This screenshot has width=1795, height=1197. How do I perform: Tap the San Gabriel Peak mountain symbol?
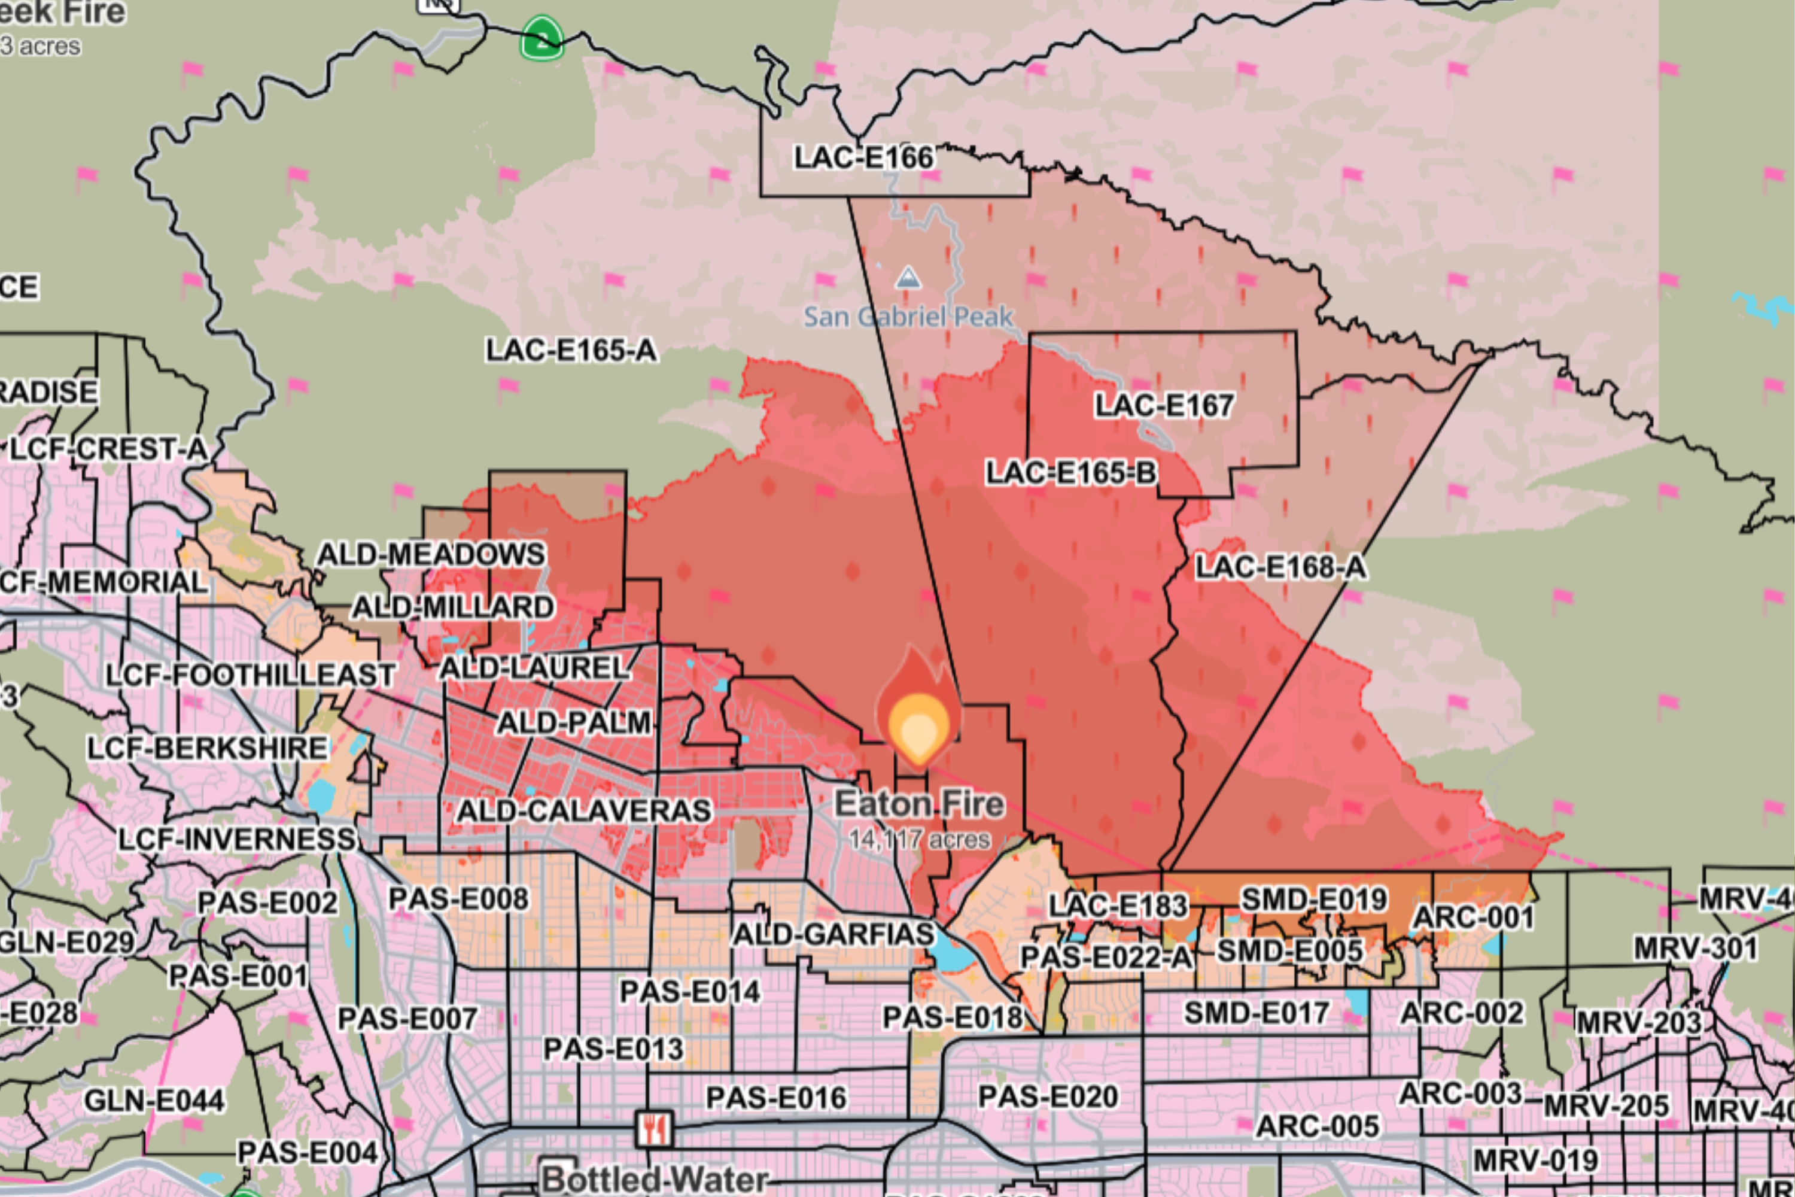pyautogui.click(x=908, y=277)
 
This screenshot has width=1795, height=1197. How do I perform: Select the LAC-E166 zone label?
pyautogui.click(x=863, y=158)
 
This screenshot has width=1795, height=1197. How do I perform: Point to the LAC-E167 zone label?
pyautogui.click(x=1164, y=405)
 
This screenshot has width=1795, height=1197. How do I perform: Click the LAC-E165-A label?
pyautogui.click(x=571, y=350)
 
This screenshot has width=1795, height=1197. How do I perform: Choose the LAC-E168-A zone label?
pyautogui.click(x=1280, y=567)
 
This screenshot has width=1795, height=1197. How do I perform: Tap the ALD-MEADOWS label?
pyautogui.click(x=430, y=554)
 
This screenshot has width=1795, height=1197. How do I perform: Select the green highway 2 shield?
pyautogui.click(x=542, y=39)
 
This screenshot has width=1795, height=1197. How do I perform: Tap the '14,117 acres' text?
pyautogui.click(x=919, y=840)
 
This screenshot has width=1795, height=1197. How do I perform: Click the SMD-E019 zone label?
pyautogui.click(x=1313, y=900)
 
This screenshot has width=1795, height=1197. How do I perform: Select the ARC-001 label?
pyautogui.click(x=1473, y=918)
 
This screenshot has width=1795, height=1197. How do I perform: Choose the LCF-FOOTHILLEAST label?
pyautogui.click(x=250, y=675)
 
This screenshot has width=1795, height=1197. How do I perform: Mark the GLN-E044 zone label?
pyautogui.click(x=154, y=1101)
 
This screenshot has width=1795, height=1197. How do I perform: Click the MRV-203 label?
pyautogui.click(x=1639, y=1022)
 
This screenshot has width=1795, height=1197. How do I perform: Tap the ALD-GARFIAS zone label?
pyautogui.click(x=833, y=934)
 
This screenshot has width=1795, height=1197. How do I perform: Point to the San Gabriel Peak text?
pyautogui.click(x=908, y=317)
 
